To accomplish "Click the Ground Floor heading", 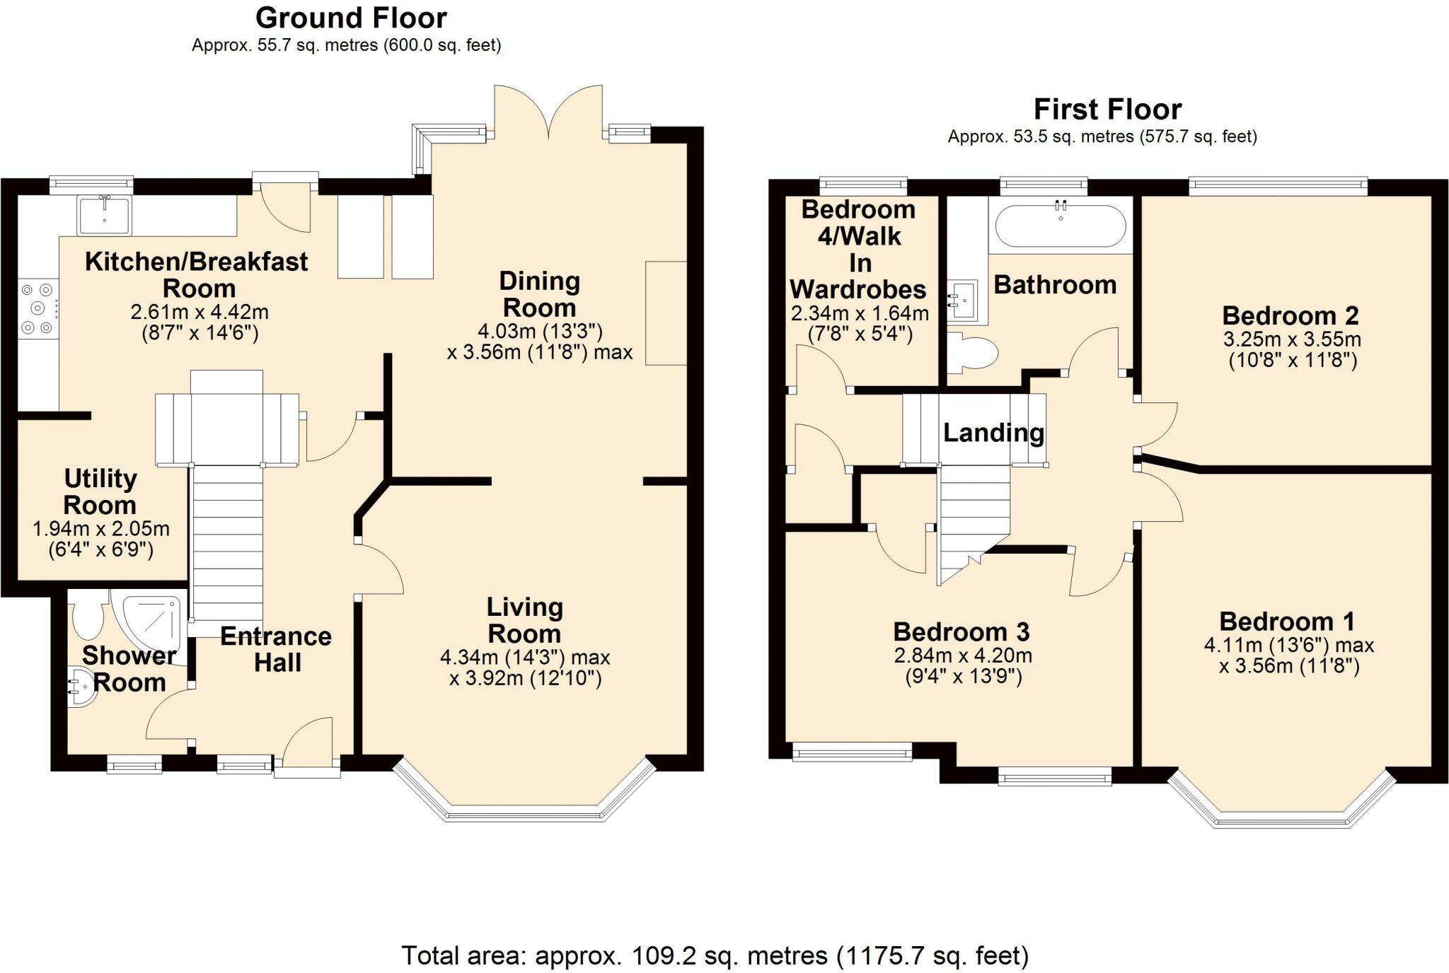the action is coord(351,18).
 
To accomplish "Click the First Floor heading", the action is coord(1107,110).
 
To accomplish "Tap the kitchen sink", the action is coord(105,215).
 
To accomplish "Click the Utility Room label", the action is coord(100,491).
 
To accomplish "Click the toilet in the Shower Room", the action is coord(88,614).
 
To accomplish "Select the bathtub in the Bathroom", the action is coord(1061,226).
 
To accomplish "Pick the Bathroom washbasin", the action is coord(963,300).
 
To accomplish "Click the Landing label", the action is coord(993,432).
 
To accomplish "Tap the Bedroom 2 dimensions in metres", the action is coord(1292,339).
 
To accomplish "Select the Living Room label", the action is coord(524,620).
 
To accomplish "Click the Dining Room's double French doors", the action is coord(548,110).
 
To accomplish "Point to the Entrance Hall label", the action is coord(276,649).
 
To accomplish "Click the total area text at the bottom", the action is coord(715,955).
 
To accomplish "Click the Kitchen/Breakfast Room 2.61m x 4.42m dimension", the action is coord(200,311).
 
